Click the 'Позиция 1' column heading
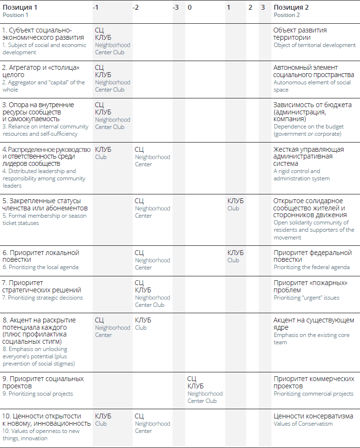pyautogui.click(x=20, y=7)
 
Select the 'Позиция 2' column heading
pyautogui.click(x=291, y=7)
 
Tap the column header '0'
pyautogui.click(x=189, y=7)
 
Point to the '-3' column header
pyautogui.click(x=176, y=7)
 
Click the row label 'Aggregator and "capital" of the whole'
pyautogui.click(x=43, y=86)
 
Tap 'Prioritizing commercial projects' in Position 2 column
pyautogui.click(x=313, y=394)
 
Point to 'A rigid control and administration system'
pyautogui.click(x=301, y=175)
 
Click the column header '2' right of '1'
pyautogui.click(x=250, y=7)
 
